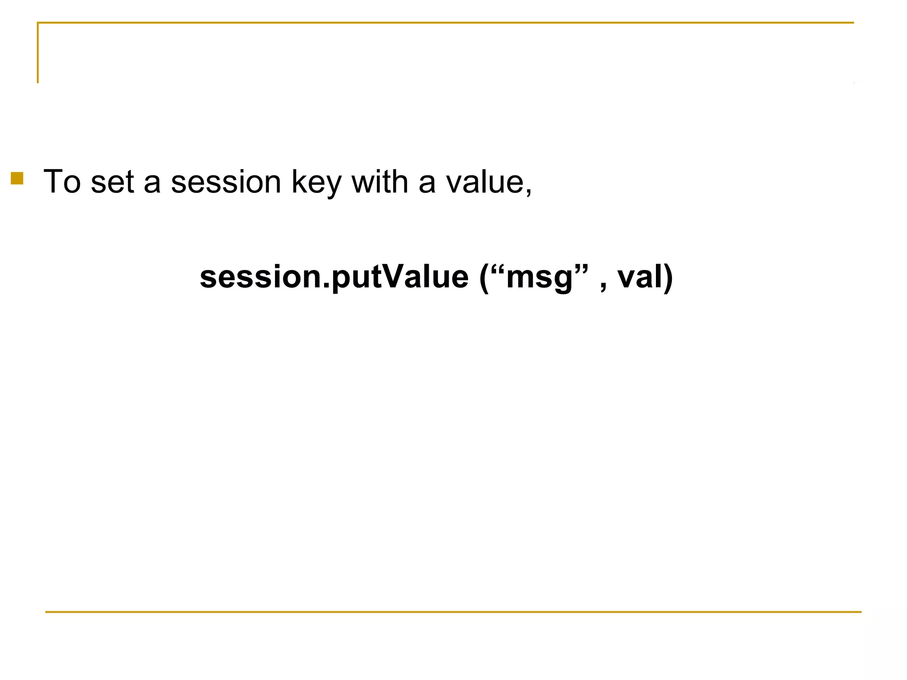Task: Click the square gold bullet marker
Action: [17, 178]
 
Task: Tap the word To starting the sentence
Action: [62, 182]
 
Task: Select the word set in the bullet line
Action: [112, 182]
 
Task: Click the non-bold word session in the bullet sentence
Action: [226, 182]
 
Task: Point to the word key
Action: [316, 182]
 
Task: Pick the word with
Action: [380, 182]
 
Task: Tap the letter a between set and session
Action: [152, 183]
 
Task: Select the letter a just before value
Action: [427, 183]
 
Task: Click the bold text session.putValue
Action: [334, 277]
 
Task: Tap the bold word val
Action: [640, 276]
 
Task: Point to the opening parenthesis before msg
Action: [484, 278]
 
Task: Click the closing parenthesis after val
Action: [668, 278]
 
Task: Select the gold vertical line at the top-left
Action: [38, 53]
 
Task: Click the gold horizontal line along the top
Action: [443, 23]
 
